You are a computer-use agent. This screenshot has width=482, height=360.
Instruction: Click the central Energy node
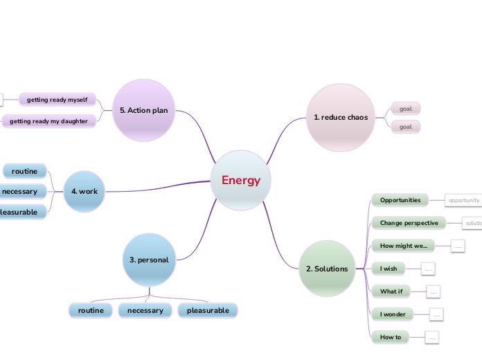pos(241,181)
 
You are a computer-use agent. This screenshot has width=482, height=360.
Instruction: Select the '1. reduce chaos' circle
pos(340,117)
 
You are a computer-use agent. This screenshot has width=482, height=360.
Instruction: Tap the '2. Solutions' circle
pos(327,269)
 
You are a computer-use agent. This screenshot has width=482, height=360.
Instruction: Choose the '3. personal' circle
pos(149,260)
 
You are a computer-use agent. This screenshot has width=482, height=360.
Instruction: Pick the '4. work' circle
pos(84,191)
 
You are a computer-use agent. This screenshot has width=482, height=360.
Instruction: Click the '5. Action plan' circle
pos(144,110)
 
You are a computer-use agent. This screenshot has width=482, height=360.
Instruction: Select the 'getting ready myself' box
pos(57,100)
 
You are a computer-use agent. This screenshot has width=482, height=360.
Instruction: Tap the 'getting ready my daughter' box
pos(48,121)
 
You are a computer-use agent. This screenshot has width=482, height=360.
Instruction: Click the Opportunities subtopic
pos(400,200)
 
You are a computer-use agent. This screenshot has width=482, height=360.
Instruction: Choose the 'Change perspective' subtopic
pos(409,223)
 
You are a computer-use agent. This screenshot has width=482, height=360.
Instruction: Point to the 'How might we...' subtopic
pos(404,245)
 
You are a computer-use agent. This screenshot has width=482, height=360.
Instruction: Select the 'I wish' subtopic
pos(389,268)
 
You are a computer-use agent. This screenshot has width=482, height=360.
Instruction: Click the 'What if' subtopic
pos(391,291)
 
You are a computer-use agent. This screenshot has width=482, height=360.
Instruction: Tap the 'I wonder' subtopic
pos(393,314)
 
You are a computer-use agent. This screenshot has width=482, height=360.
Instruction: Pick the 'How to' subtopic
pos(391,337)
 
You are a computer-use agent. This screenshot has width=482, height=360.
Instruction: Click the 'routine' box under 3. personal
pos(91,310)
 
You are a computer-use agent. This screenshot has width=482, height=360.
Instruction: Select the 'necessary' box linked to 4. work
pos(21,191)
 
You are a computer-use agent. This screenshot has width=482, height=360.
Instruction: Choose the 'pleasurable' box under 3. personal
pos(208,310)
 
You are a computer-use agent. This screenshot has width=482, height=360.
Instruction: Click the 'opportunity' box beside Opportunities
pos(463,200)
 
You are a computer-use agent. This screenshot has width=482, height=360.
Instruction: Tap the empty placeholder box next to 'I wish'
pos(428,268)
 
